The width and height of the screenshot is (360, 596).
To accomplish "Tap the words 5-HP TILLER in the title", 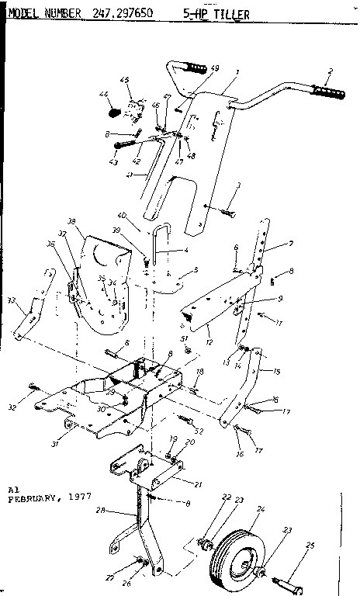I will (213, 12).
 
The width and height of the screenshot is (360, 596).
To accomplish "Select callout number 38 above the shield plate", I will (72, 220).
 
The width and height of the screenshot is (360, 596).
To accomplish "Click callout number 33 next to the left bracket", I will (12, 300).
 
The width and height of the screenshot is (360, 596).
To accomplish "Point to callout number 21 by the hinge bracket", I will (198, 483).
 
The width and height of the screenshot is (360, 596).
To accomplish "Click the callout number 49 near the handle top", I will (215, 68).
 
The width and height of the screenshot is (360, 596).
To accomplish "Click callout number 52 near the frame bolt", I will (200, 431).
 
